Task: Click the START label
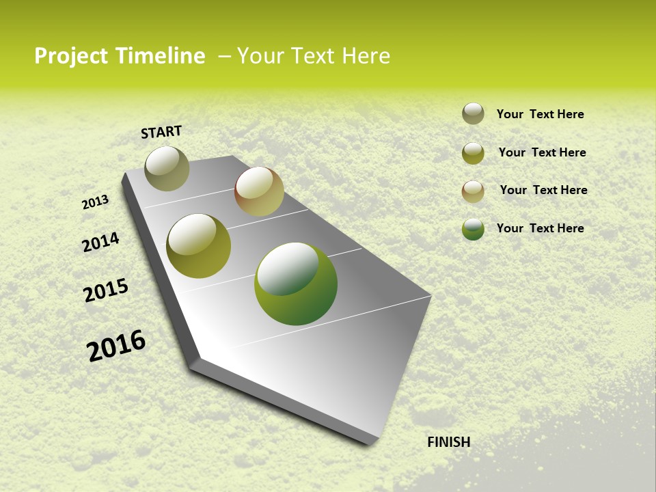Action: (161, 132)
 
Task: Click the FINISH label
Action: (448, 442)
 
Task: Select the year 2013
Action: (95, 202)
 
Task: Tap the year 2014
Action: (100, 242)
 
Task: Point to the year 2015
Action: (106, 290)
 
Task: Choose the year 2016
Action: (116, 345)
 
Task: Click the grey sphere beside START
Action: (167, 168)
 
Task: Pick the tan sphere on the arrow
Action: (259, 191)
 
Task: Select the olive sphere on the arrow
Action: (198, 246)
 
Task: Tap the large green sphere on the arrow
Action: (296, 284)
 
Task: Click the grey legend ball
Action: (473, 113)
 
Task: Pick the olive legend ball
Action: (473, 153)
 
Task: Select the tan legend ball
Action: (473, 191)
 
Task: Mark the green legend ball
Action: (473, 229)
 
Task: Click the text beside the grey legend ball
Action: (540, 115)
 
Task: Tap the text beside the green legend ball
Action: (540, 228)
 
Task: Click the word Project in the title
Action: (70, 56)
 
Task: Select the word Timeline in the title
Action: (159, 56)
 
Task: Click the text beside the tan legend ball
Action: (543, 190)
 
